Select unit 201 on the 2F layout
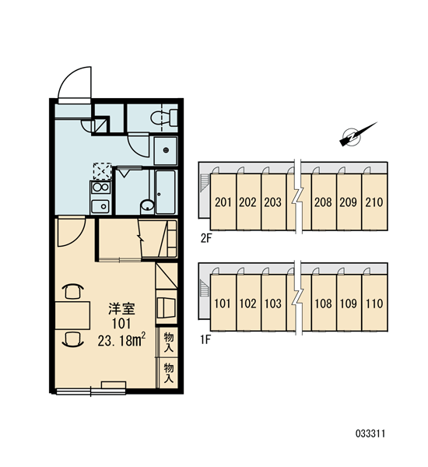223,202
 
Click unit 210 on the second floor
374,202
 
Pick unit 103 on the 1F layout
273,304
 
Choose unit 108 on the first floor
324,304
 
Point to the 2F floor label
205,239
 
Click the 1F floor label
205,339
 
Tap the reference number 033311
370,434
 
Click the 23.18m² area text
121,340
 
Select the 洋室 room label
121,309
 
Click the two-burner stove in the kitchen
100,188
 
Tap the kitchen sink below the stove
100,206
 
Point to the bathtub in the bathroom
165,192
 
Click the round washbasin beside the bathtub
147,206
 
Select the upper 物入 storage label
168,342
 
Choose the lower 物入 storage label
168,373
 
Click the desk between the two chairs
72,315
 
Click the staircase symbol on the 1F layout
205,288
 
